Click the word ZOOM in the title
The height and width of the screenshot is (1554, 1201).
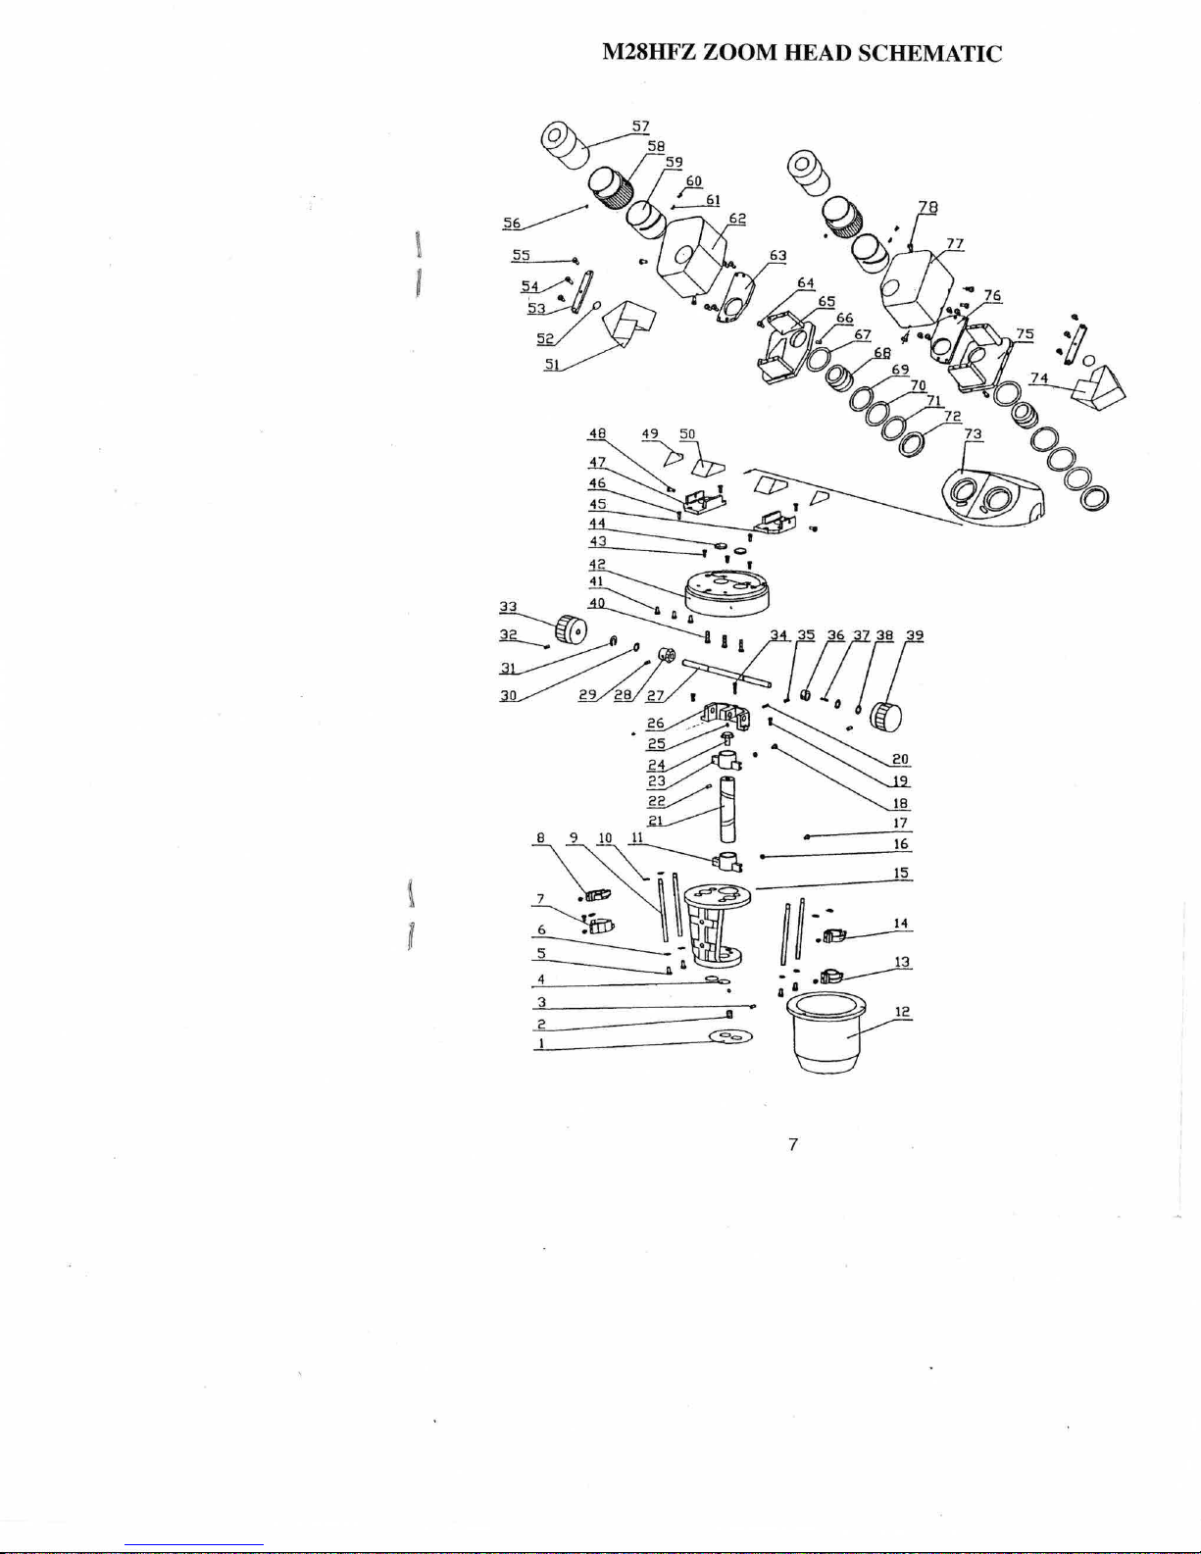click(741, 53)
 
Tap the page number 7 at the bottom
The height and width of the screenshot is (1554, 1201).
click(794, 1143)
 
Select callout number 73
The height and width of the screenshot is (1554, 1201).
click(973, 434)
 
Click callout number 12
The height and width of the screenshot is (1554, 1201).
click(902, 1012)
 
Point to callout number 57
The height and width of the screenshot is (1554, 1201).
click(640, 126)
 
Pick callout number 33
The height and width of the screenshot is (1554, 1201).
click(510, 607)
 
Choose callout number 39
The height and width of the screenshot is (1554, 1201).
click(914, 635)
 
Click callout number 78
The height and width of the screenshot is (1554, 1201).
click(927, 207)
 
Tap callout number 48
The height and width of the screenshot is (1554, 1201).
click(597, 433)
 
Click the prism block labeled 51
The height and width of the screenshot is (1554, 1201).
click(624, 325)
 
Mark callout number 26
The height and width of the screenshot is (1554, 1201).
click(656, 724)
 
